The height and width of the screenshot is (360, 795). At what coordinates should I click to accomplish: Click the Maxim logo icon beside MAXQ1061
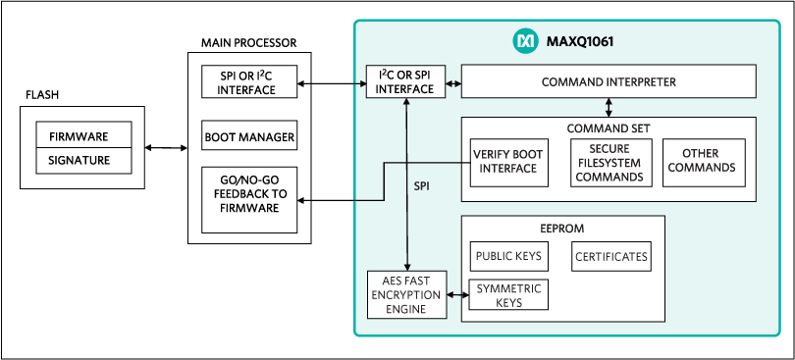click(525, 41)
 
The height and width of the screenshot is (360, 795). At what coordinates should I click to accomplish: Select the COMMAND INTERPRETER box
click(609, 81)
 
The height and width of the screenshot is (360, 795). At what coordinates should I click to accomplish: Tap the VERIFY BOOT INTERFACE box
click(509, 163)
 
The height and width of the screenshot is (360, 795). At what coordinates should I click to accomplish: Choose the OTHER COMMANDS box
click(705, 163)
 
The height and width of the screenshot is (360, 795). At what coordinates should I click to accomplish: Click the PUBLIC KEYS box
click(508, 256)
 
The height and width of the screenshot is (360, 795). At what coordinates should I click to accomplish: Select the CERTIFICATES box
click(610, 256)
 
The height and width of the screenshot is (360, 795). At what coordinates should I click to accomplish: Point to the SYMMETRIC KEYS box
click(508, 294)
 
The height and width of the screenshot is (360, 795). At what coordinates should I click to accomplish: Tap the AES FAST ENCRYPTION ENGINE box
click(406, 294)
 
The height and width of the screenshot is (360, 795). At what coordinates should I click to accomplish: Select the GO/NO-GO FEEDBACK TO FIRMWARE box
click(249, 200)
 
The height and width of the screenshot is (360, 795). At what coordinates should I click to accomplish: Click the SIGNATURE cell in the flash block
click(84, 160)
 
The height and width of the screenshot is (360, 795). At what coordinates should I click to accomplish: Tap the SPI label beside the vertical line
click(421, 186)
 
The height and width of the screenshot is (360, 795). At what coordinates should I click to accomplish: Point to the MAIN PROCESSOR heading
click(249, 43)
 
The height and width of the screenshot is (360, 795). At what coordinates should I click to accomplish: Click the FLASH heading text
click(41, 95)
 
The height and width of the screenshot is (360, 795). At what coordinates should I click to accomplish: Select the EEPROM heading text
click(562, 229)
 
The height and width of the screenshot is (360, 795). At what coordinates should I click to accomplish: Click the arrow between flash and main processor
click(166, 148)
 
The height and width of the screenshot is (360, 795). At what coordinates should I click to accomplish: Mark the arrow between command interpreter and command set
click(609, 107)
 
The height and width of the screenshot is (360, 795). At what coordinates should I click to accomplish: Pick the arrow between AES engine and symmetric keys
click(457, 294)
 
